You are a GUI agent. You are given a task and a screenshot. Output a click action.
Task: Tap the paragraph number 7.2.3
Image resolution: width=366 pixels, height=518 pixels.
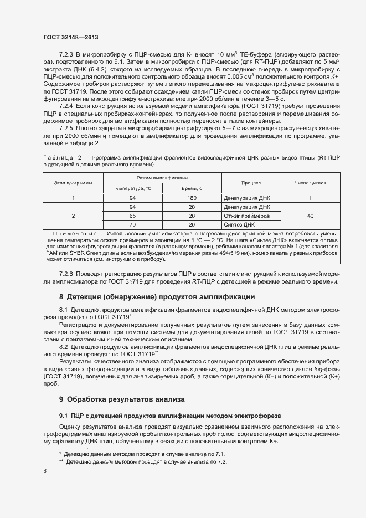tap(66, 54)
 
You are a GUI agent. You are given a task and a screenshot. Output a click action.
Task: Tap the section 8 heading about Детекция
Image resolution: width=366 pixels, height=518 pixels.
tap(157, 297)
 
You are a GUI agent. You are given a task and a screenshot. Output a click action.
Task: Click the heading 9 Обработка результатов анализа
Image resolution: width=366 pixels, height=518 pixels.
tap(122, 399)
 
